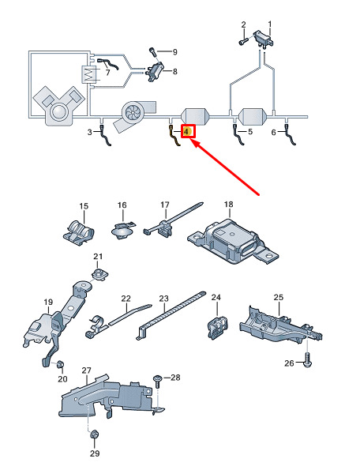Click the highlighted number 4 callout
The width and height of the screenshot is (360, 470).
click(x=187, y=132)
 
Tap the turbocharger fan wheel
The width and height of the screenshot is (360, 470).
click(x=132, y=111)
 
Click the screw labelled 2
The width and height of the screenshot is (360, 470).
click(x=242, y=41)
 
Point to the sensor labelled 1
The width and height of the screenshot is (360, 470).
click(x=264, y=39)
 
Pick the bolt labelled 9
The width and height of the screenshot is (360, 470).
click(x=153, y=53)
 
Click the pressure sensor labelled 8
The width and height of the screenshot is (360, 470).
click(x=155, y=72)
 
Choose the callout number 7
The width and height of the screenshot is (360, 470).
click(x=108, y=73)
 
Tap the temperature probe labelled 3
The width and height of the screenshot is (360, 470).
click(x=105, y=136)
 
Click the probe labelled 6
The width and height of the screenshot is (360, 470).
click(x=290, y=136)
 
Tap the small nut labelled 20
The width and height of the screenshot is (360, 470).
click(x=60, y=364)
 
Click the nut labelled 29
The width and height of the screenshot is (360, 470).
click(x=95, y=434)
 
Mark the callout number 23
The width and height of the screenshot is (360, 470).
click(x=164, y=299)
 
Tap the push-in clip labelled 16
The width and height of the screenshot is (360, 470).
click(x=122, y=230)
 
